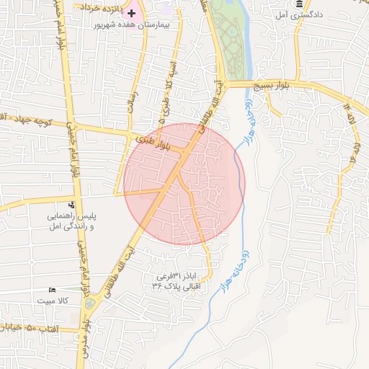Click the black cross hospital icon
(x=132, y=13)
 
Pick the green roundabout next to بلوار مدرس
(x=89, y=303)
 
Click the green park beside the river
(x=231, y=40)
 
